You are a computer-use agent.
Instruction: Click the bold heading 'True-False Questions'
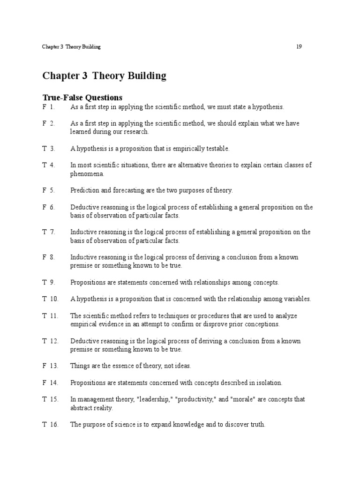click(x=82, y=97)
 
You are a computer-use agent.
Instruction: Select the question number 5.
click(x=52, y=190)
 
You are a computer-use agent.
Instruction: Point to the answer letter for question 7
click(x=44, y=232)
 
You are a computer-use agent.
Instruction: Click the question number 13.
click(x=53, y=366)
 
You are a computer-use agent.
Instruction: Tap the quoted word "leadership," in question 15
click(x=153, y=399)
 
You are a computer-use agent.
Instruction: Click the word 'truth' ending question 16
click(x=256, y=425)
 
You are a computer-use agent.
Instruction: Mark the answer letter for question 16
click(x=44, y=425)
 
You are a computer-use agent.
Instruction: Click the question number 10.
click(x=53, y=299)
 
